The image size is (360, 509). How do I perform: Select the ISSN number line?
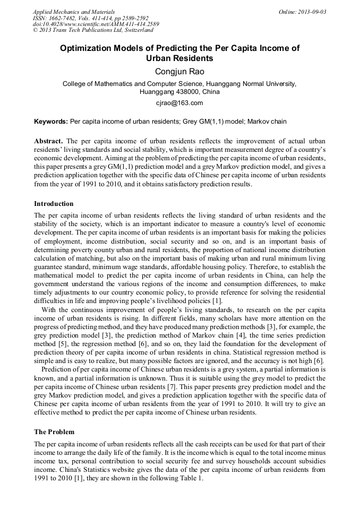(91, 18)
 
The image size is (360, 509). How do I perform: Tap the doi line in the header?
(96, 24)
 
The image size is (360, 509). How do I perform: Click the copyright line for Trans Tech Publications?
(92, 30)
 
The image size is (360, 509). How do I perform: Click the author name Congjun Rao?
(179, 72)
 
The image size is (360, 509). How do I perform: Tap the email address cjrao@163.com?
(179, 102)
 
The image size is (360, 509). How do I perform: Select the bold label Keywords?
(51, 122)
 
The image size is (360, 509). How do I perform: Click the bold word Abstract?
(48, 141)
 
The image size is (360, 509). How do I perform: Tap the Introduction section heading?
(54, 204)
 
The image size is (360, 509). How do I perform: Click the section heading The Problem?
(54, 432)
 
